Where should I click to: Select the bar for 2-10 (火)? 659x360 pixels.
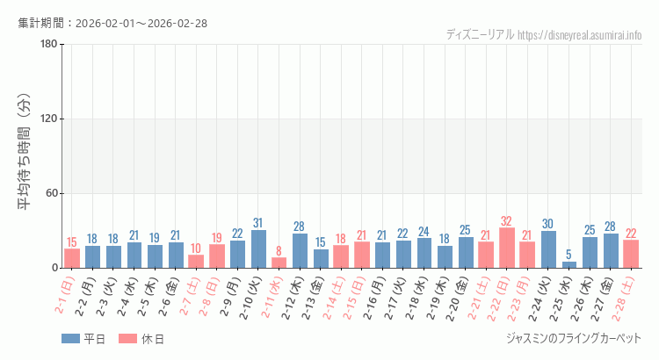coord(258,248)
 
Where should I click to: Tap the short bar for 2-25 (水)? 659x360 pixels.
coord(569,264)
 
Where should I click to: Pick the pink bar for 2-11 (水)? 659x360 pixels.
coord(279,263)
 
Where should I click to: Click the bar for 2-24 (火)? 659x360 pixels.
coord(548,249)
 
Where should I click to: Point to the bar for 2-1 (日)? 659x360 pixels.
coord(72,258)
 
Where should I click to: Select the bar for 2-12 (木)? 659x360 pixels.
coord(300,250)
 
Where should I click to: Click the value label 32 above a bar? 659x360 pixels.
coord(507,221)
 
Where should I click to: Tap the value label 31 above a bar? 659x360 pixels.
coord(258,223)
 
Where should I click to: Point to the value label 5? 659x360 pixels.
coord(569,255)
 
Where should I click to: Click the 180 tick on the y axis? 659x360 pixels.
coord(49,45)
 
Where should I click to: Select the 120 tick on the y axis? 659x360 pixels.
coord(49,119)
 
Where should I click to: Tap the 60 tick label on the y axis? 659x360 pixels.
coord(52,193)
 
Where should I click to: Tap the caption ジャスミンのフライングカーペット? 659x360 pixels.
coord(574,338)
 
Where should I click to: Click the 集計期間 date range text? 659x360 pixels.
coord(112,23)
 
